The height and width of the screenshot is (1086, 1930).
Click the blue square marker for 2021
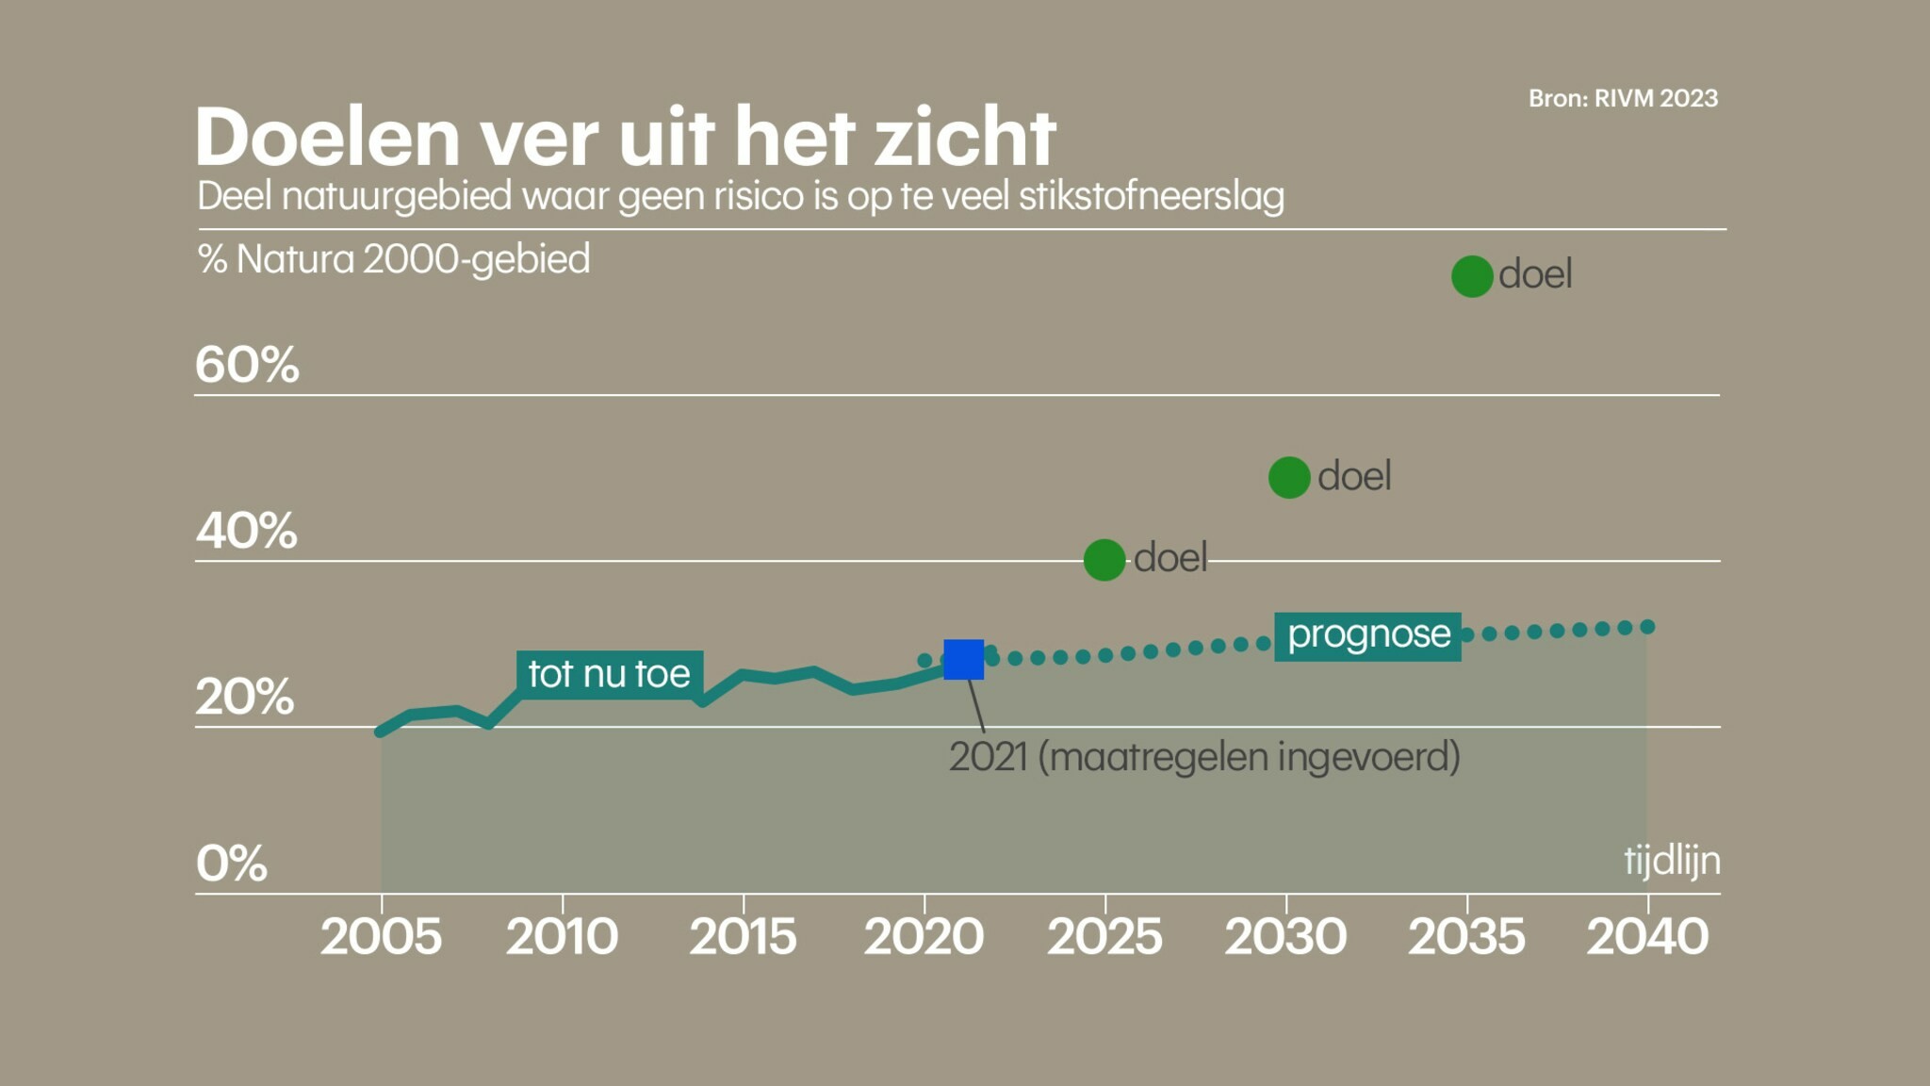tap(963, 659)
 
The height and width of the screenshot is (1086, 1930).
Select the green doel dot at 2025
tap(1104, 560)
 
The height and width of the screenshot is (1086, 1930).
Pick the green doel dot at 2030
tap(1289, 477)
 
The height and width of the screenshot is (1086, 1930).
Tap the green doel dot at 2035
tap(1472, 276)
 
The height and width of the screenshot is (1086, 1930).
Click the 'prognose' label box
tap(1367, 635)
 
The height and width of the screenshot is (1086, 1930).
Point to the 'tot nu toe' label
tap(609, 674)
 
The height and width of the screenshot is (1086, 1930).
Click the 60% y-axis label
tap(247, 364)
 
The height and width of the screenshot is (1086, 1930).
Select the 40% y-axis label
tap(247, 531)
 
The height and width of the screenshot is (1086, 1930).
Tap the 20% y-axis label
tap(245, 698)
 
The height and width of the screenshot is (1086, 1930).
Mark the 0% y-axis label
tap(232, 864)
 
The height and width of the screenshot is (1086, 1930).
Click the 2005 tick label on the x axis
tap(381, 937)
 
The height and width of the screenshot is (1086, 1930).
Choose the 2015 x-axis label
tap(743, 937)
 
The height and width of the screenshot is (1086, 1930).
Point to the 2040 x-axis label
tap(1647, 937)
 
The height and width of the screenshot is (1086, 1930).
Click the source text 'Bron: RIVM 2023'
tap(1623, 98)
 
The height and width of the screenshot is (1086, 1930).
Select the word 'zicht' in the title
tap(965, 138)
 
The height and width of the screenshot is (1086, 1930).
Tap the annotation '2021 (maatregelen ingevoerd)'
tap(1204, 757)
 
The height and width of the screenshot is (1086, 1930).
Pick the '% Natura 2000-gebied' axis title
tap(394, 259)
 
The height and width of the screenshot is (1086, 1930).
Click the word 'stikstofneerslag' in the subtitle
tap(1151, 196)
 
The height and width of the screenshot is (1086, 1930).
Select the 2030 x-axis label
tap(1285, 937)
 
